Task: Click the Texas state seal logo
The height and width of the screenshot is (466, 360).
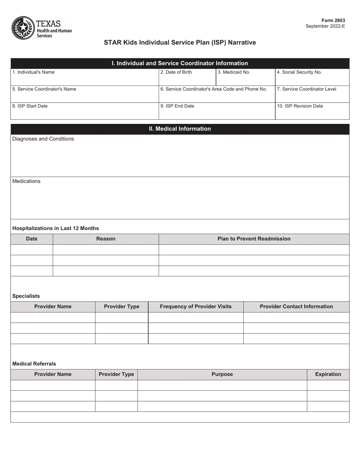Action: (x=23, y=28)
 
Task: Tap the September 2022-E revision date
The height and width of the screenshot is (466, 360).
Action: (x=325, y=27)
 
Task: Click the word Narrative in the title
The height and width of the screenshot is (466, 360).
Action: (x=242, y=43)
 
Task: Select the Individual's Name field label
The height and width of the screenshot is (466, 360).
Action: (x=33, y=72)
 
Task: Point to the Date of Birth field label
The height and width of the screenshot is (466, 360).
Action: (x=176, y=72)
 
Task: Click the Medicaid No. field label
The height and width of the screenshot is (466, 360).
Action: (x=234, y=72)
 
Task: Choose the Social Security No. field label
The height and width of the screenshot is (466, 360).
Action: (x=299, y=72)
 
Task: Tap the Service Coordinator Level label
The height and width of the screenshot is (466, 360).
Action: (x=307, y=89)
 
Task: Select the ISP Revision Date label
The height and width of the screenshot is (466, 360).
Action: (x=300, y=106)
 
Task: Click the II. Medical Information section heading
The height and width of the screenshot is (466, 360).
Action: (x=180, y=129)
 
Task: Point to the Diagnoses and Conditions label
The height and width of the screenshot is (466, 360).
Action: (x=43, y=139)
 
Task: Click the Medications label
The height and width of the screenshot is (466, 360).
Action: (x=26, y=181)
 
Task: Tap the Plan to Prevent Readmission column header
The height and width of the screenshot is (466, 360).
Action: (x=254, y=239)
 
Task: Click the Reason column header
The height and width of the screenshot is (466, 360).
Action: (x=106, y=239)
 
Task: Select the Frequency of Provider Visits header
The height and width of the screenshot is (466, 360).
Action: (x=196, y=306)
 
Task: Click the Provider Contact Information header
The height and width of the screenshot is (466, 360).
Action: (x=296, y=306)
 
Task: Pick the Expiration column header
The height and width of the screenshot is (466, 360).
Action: (x=328, y=374)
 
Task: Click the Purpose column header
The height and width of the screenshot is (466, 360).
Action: (x=222, y=374)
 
